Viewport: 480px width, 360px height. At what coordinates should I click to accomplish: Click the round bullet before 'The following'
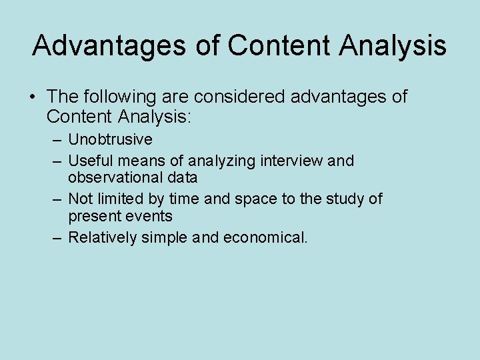33,98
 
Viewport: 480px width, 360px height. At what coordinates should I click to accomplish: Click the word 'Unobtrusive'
110,140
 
